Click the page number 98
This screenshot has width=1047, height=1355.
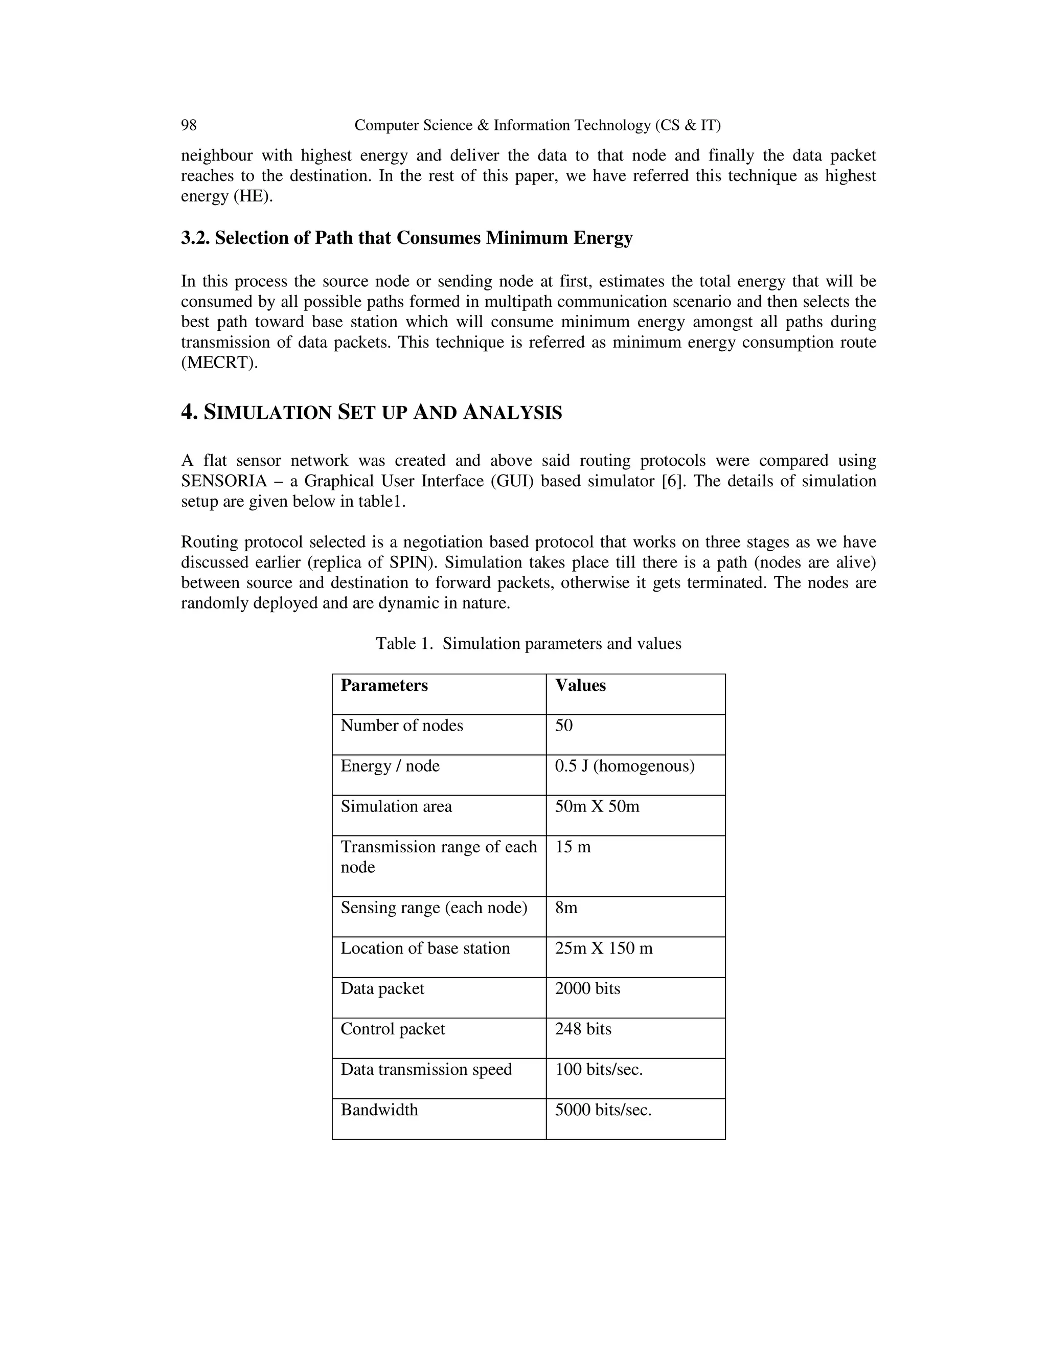click(x=189, y=125)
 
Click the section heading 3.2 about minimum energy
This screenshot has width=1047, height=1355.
click(x=406, y=238)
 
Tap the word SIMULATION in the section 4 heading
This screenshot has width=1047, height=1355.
click(x=268, y=413)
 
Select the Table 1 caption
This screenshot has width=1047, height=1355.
click(x=529, y=643)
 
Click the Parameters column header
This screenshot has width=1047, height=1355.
click(x=384, y=686)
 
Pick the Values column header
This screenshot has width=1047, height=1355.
click(x=580, y=686)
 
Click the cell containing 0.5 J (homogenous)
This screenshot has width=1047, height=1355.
click(x=624, y=766)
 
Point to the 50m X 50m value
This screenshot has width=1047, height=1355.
click(x=597, y=806)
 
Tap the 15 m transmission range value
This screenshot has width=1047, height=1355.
click(x=573, y=847)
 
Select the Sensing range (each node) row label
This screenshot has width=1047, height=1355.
click(x=434, y=908)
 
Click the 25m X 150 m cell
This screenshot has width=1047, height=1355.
click(x=604, y=948)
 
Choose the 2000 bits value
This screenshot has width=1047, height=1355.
click(x=587, y=988)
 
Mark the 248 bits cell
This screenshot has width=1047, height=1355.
click(x=583, y=1029)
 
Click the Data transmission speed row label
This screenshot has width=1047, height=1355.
click(x=426, y=1069)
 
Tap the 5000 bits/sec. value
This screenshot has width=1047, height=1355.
click(x=603, y=1110)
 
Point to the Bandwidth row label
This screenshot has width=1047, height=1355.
click(x=379, y=1110)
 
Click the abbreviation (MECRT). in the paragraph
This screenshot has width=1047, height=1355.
click(x=219, y=363)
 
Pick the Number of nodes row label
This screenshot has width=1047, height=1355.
click(x=401, y=726)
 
